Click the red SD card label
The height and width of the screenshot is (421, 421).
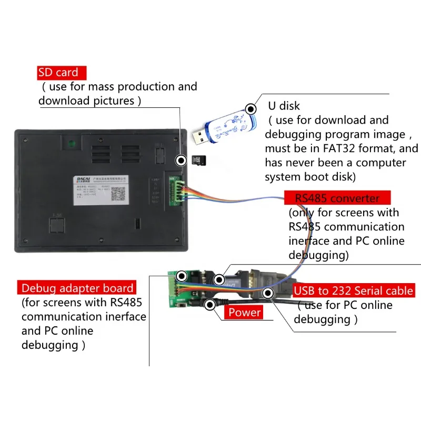(58, 73)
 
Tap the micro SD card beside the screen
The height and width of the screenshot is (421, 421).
(198, 160)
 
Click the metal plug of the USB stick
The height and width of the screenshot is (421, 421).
(198, 138)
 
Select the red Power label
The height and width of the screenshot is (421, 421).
(244, 313)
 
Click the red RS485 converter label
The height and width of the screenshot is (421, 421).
(337, 198)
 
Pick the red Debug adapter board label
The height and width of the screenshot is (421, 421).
(77, 288)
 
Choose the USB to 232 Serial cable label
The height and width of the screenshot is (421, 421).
(354, 290)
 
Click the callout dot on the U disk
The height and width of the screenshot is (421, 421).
(252, 109)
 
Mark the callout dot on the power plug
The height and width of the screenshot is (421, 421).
(211, 304)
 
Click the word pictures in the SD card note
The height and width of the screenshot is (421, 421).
(114, 101)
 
